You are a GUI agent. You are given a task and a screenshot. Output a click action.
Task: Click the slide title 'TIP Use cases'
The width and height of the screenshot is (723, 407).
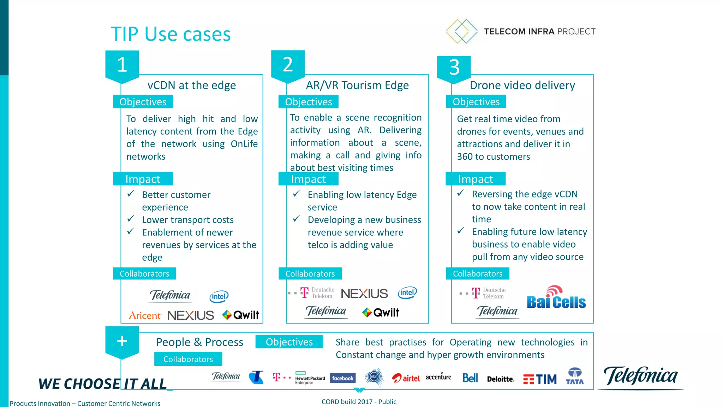click(x=171, y=34)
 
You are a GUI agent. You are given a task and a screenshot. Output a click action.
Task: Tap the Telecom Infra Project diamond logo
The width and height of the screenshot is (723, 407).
click(x=462, y=31)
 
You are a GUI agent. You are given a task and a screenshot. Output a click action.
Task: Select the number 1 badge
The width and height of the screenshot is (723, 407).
click(x=122, y=65)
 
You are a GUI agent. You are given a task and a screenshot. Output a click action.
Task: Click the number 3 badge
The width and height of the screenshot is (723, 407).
click(x=454, y=67)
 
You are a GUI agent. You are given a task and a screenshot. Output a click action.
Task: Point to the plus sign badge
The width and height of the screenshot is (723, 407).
click(x=122, y=341)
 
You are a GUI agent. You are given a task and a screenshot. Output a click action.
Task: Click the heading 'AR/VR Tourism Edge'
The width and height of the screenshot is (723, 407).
click(x=357, y=85)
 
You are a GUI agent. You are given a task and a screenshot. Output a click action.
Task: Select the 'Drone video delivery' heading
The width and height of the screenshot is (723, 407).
click(x=522, y=85)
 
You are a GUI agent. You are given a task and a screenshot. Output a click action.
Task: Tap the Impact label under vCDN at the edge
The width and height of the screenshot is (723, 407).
click(x=143, y=179)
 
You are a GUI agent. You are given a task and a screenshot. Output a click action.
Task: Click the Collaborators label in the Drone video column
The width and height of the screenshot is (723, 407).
click(x=478, y=274)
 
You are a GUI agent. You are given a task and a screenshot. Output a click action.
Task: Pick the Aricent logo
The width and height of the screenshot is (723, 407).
click(x=145, y=315)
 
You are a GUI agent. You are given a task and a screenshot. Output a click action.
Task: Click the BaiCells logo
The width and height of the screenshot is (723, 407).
click(x=556, y=298)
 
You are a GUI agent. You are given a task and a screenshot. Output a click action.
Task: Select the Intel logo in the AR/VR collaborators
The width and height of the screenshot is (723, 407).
click(x=407, y=293)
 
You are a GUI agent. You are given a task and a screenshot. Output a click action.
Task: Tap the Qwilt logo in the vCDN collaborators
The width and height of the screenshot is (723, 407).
click(x=241, y=315)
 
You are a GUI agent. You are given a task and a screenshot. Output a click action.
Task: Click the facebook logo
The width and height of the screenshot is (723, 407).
click(x=342, y=378)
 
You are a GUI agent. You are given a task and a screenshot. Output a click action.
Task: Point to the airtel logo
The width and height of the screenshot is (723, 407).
click(x=406, y=378)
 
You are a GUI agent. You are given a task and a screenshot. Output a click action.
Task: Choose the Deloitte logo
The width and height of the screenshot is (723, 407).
click(x=501, y=379)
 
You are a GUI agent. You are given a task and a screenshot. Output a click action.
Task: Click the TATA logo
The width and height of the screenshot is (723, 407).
click(x=575, y=376)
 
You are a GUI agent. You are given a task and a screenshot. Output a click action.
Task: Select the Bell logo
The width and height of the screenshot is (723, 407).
click(x=470, y=378)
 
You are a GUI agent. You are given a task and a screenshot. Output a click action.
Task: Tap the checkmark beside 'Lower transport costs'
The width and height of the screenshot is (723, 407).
click(x=131, y=219)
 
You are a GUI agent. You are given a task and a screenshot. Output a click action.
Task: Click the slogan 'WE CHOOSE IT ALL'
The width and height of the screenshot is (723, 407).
click(x=102, y=384)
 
